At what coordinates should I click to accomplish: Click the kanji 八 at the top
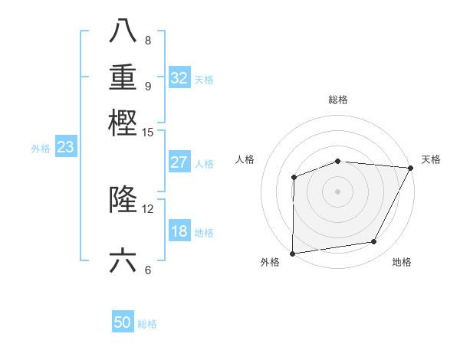pyautogui.click(x=123, y=32)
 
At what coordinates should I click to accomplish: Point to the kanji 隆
pyautogui.click(x=123, y=200)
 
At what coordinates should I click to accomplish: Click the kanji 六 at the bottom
pyautogui.click(x=123, y=261)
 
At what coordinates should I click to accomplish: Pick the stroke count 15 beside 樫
pyautogui.click(x=148, y=133)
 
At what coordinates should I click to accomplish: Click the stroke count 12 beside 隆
pyautogui.click(x=148, y=208)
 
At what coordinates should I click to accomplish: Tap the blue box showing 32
pyautogui.click(x=179, y=78)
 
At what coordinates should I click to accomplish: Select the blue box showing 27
pyautogui.click(x=179, y=162)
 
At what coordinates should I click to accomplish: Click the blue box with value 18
pyautogui.click(x=179, y=232)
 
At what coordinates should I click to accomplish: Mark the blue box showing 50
pyautogui.click(x=123, y=322)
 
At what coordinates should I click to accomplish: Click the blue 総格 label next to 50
pyautogui.click(x=147, y=324)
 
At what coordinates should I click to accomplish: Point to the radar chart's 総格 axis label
pyautogui.click(x=338, y=100)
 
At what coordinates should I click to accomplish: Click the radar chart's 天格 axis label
pyautogui.click(x=431, y=159)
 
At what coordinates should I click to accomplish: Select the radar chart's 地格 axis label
pyautogui.click(x=402, y=262)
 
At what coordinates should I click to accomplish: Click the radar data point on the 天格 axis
pyautogui.click(x=411, y=168)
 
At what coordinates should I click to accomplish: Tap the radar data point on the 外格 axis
pyautogui.click(x=292, y=254)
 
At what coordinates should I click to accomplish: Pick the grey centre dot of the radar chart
pyautogui.click(x=338, y=191)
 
